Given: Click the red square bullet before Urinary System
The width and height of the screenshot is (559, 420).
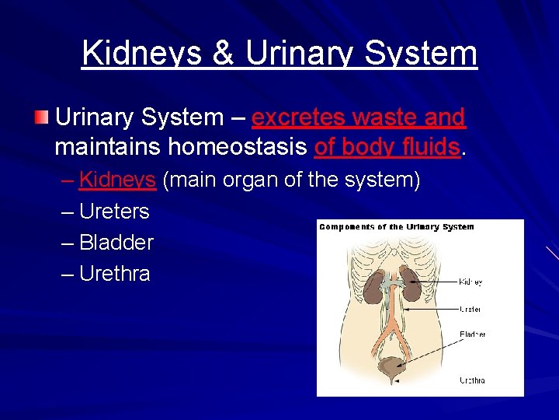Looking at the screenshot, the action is pos(41,118).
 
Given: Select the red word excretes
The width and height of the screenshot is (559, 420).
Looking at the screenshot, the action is pos(299,117).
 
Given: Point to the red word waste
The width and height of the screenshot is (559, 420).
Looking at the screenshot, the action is pos(384,117).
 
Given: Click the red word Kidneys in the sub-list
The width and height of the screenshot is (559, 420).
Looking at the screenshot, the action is pos(118,180).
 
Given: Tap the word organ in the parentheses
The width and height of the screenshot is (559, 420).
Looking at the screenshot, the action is pos(250,180).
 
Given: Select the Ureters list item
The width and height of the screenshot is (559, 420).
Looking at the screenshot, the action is pos(114,212).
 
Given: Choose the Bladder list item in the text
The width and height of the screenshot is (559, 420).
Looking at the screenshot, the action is pos(116,243).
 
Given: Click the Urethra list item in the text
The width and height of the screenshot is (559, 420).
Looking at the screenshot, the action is pos(115,274).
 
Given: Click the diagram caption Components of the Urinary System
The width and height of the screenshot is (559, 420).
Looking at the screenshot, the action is pos(397,227).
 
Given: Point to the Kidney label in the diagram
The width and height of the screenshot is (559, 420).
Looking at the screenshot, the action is pos(471,282).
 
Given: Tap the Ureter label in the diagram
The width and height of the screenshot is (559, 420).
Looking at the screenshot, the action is pos(470,309).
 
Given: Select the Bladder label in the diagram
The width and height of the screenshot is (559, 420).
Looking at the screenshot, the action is pos(472,334).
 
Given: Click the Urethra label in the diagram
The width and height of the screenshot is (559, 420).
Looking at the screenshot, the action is pos(472,380).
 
